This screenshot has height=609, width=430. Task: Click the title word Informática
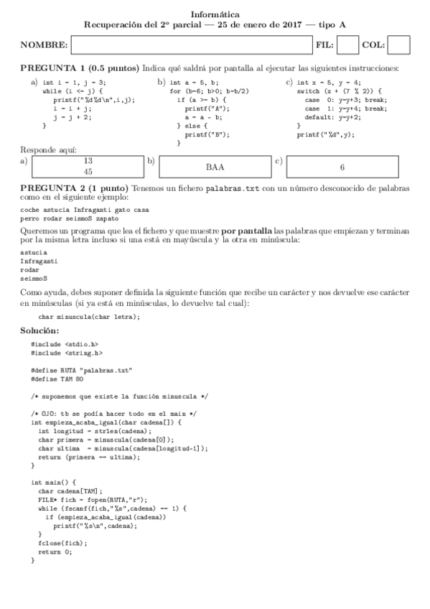215,14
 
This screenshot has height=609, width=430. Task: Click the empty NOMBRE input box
191,45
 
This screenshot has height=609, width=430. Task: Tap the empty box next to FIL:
347,45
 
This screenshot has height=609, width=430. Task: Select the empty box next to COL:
398,45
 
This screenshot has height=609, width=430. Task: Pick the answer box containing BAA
215,167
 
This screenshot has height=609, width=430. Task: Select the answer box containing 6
342,167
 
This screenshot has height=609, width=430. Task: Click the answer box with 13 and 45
88,167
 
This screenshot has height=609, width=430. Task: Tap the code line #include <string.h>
67,353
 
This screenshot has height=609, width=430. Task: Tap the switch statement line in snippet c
331,91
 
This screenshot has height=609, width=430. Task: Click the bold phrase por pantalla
247,231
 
